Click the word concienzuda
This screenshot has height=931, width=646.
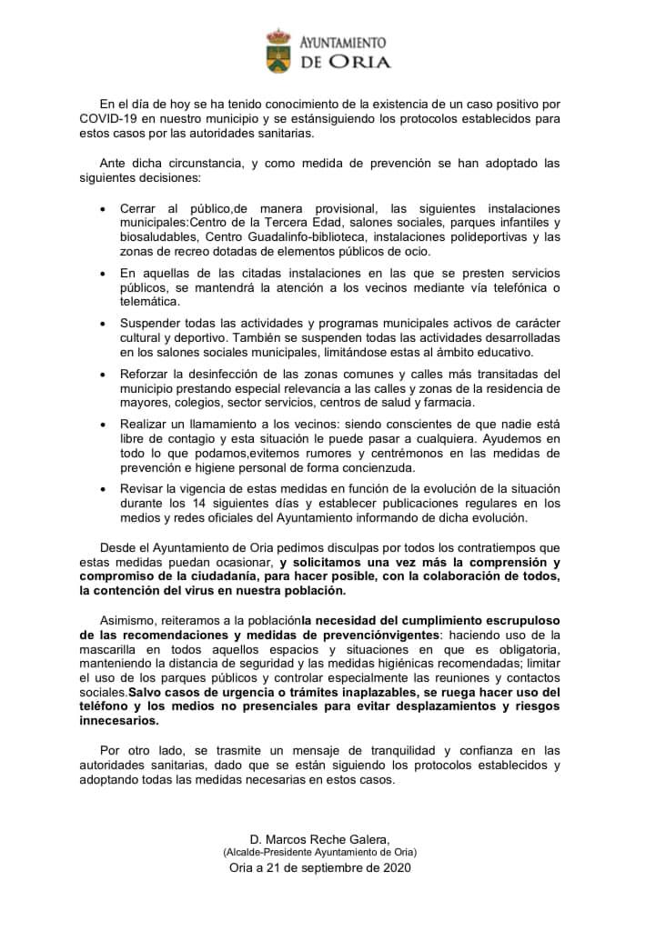point(373,467)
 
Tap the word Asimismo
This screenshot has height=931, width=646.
point(129,619)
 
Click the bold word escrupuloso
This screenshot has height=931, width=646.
point(512,619)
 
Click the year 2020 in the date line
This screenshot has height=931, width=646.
point(397,868)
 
